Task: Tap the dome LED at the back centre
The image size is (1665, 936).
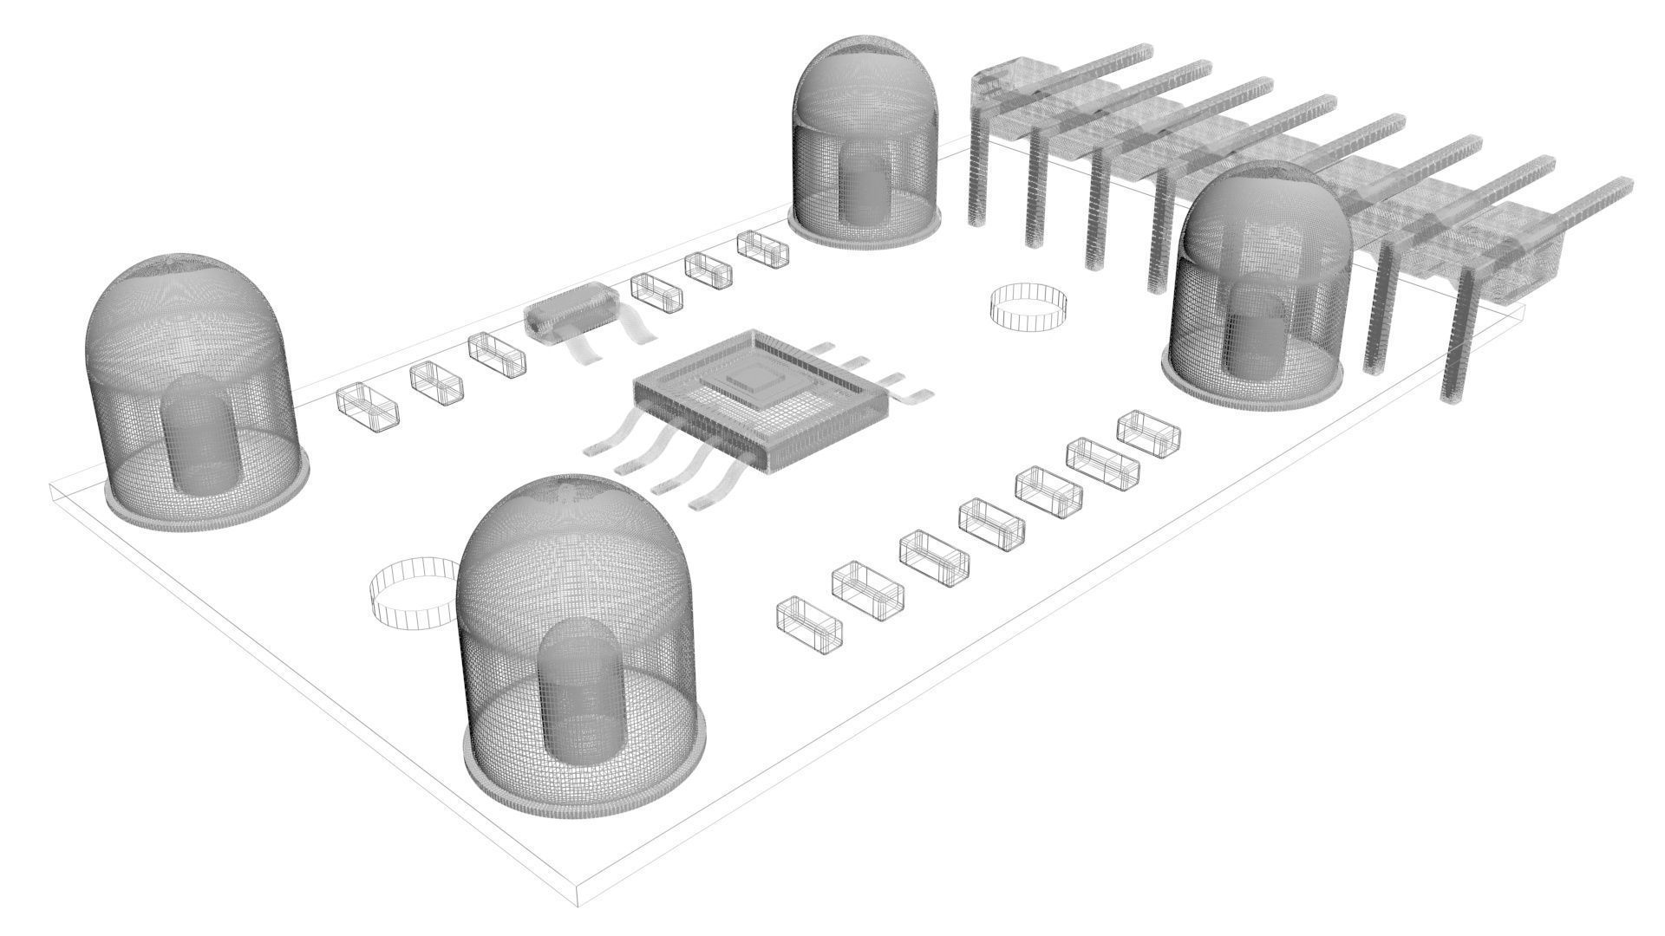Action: tap(865, 143)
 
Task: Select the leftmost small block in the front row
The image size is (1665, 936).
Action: tap(810, 621)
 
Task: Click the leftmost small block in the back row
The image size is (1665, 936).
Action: tap(367, 405)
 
